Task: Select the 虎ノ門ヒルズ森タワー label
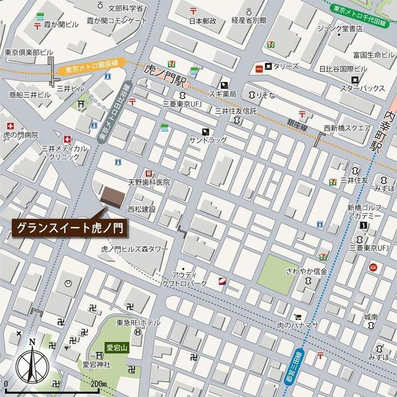[135, 248]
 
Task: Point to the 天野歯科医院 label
[149, 182]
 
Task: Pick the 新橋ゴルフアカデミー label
[364, 212]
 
